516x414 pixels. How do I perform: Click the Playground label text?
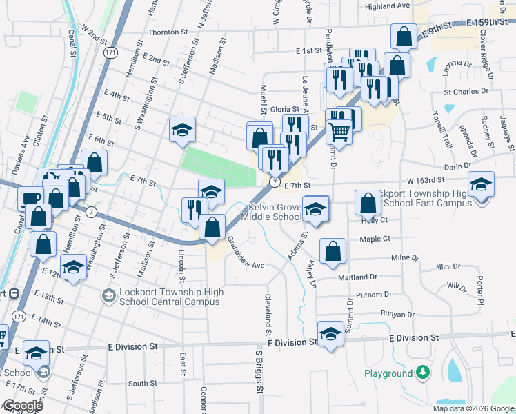point(388,374)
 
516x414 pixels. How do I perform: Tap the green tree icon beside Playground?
point(421,374)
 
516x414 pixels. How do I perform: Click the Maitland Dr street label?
point(357,277)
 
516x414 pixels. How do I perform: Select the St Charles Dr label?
point(466,91)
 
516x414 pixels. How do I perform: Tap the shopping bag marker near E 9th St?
point(404,36)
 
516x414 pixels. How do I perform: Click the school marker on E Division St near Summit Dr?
point(330,333)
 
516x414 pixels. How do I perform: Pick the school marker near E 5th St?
point(182,129)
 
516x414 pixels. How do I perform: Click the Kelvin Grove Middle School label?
point(270,212)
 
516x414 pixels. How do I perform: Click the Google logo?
point(23,406)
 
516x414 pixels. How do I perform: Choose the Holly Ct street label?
point(375,220)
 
